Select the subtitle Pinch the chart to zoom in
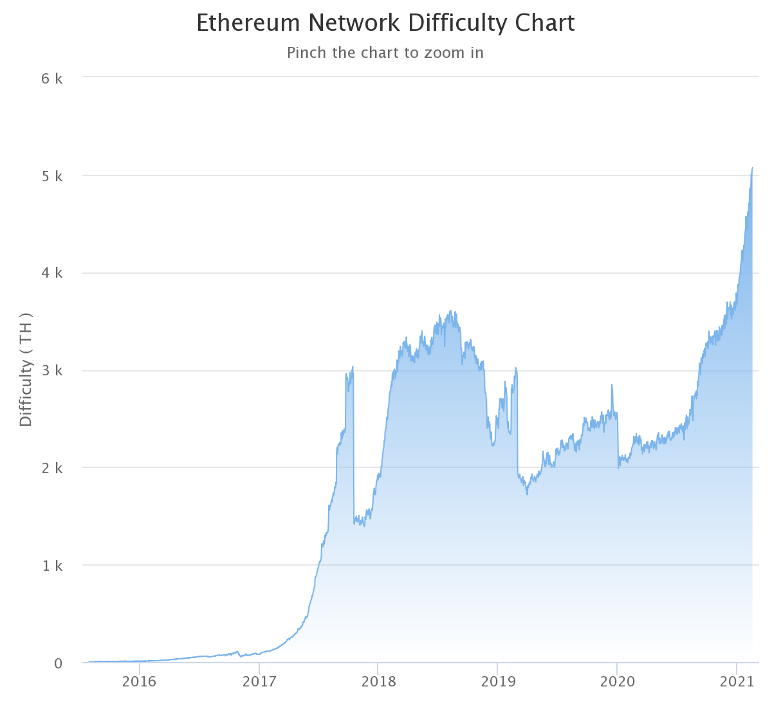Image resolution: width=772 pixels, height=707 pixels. pos(385,53)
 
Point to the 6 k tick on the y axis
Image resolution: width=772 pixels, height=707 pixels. pos(52,78)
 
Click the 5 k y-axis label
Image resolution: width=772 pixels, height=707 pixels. pos(52,176)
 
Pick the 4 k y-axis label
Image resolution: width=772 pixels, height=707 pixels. pos(52,273)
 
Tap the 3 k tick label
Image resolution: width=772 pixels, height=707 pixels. pos(52,371)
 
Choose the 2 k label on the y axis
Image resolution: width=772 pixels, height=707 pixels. pos(52,468)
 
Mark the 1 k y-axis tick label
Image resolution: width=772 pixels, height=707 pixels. pos(52,566)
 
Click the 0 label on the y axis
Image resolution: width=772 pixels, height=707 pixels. pos(59,663)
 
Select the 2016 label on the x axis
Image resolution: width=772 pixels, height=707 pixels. pos(140,682)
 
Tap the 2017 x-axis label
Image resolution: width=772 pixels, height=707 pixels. pos(259,682)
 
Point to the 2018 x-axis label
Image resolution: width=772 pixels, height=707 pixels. pos(378,682)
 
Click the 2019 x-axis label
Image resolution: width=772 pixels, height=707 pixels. pos(497,682)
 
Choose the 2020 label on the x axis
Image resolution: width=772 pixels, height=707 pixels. pos(617,682)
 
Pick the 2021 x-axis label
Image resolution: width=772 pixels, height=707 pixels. pos(736,682)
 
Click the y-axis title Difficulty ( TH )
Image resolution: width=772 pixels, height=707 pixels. pos(26,370)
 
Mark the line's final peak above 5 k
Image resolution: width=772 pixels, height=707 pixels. pos(752,168)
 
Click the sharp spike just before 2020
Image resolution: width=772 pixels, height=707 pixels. pos(612,385)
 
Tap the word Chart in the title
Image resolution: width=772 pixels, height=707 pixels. pos(544,23)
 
